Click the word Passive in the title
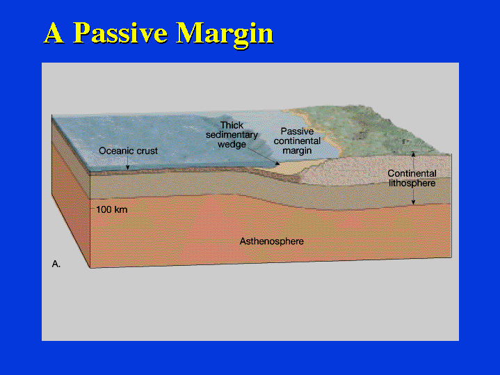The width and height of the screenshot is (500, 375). pos(120,33)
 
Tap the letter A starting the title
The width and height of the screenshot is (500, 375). pos(54,33)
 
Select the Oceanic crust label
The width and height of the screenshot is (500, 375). pos(128,151)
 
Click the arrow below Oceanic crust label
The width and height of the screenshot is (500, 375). pos(127,163)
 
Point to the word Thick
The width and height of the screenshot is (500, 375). pos(232,125)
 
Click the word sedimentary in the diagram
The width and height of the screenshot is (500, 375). pos(232,135)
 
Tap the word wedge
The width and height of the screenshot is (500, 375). pos(232,144)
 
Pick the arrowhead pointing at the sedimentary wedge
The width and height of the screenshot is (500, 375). pos(277,163)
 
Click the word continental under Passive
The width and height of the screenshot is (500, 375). pos(297,141)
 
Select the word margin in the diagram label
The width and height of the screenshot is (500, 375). pos(297,150)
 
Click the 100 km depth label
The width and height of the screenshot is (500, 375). pos(111,209)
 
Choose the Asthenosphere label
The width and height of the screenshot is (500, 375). pos(272,241)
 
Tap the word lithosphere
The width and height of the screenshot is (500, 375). pos(412,183)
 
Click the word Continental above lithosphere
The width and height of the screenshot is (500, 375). pos(412,173)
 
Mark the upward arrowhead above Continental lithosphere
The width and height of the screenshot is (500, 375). pos(413,154)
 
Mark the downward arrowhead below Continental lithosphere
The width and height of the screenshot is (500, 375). pos(413,202)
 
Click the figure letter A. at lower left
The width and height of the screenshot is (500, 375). pos(56,264)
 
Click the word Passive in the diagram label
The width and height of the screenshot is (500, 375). pos(297,131)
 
